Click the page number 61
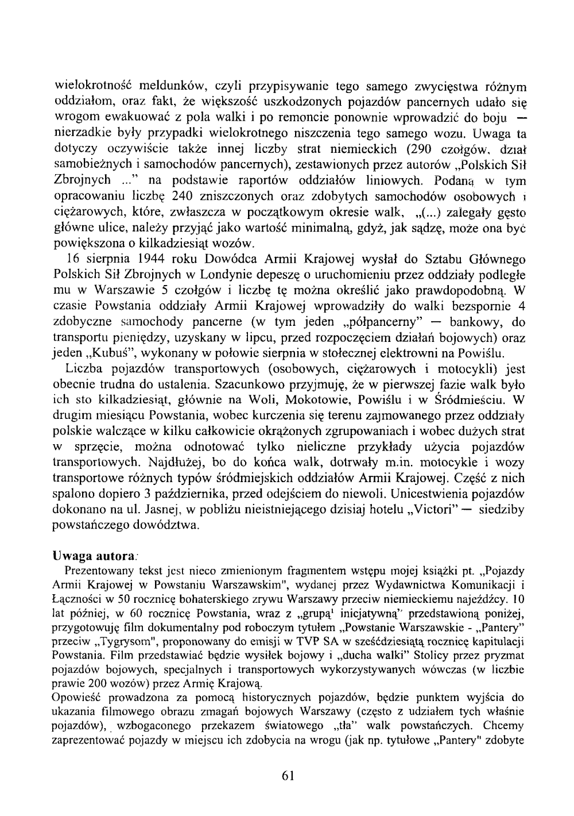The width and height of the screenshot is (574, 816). (x=288, y=776)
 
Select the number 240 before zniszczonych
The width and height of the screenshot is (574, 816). (x=148, y=197)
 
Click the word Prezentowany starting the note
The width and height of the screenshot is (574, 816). (x=93, y=571)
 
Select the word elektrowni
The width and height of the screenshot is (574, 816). (x=408, y=352)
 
